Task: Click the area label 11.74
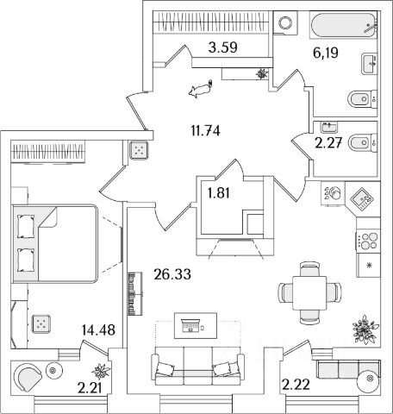pyautogui.click(x=205, y=131)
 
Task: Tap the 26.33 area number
pyautogui.click(x=172, y=274)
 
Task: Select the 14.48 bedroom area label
pyautogui.click(x=98, y=330)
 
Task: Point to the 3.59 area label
pyautogui.click(x=223, y=47)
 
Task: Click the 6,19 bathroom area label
pyautogui.click(x=326, y=53)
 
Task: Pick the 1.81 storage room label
pyautogui.click(x=219, y=193)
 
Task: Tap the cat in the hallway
pyautogui.click(x=201, y=89)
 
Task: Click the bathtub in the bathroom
pyautogui.click(x=343, y=24)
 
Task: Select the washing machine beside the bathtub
pyautogui.click(x=285, y=22)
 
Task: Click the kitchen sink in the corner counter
pyautogui.click(x=362, y=198)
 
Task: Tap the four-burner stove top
pyautogui.click(x=368, y=241)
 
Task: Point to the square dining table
pyautogui.click(x=309, y=293)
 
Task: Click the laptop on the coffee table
pyautogui.click(x=190, y=325)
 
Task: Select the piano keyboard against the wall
pyautogui.click(x=134, y=293)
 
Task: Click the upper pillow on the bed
pyautogui.click(x=26, y=226)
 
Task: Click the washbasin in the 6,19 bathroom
pyautogui.click(x=369, y=64)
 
